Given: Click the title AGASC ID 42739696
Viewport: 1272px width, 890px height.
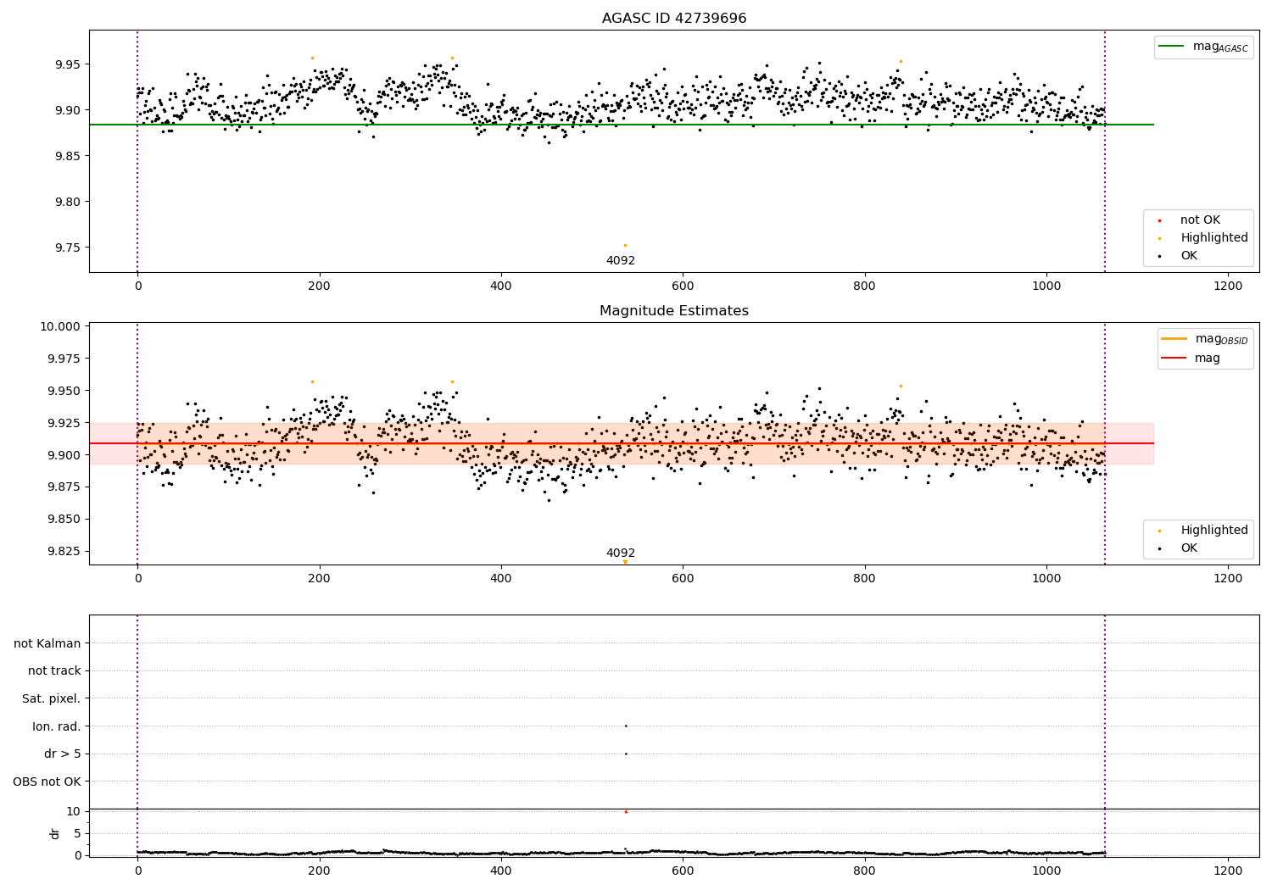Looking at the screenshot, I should tap(673, 19).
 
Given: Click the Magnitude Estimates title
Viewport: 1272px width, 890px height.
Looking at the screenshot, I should tap(673, 311).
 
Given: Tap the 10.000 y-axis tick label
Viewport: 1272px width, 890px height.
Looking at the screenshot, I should tap(61, 326).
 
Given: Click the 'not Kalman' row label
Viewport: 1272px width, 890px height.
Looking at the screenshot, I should tap(47, 643).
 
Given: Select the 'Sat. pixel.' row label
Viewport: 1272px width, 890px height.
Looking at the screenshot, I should tap(52, 698).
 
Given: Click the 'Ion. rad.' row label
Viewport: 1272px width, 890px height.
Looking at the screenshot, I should tap(57, 726).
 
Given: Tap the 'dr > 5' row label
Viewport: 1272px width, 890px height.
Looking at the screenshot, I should tap(63, 754).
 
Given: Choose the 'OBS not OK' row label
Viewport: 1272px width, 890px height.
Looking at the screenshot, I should tap(47, 782).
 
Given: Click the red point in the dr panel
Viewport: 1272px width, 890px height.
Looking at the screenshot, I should tap(626, 812).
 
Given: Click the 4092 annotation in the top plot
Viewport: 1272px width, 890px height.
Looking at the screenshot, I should tap(621, 261).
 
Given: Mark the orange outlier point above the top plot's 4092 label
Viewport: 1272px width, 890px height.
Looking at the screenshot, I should tap(625, 246).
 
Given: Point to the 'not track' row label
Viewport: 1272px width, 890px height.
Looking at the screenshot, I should tap(54, 670).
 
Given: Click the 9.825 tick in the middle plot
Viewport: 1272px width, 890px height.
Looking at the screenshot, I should tap(61, 551).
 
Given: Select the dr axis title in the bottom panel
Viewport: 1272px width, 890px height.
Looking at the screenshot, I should tap(55, 833).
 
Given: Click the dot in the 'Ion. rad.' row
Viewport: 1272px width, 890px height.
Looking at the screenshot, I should tap(626, 726).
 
